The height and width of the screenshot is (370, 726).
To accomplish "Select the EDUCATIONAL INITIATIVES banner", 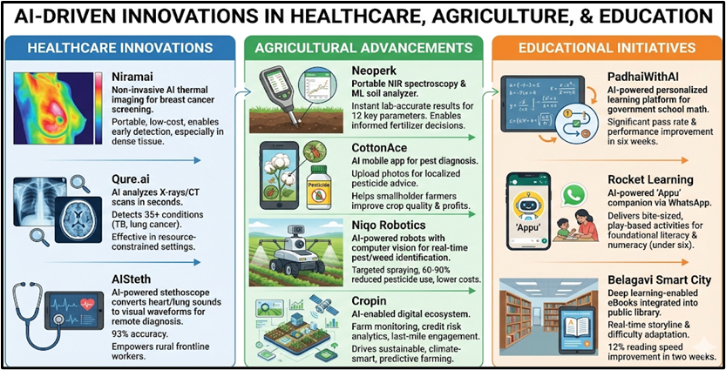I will point(607,47).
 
